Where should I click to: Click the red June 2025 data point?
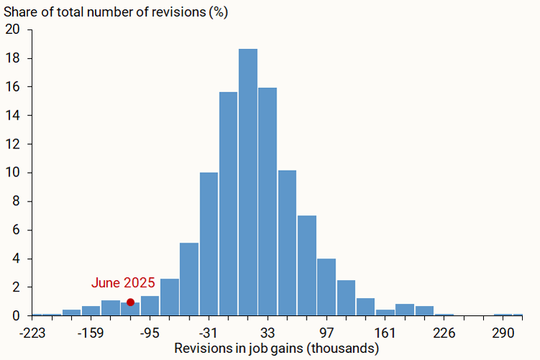(130, 302)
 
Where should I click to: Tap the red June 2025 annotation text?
(123, 283)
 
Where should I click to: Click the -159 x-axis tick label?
(91, 333)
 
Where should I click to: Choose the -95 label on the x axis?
(150, 333)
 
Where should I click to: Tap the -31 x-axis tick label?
(209, 333)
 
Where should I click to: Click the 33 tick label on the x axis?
(268, 333)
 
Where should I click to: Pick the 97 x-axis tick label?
(327, 333)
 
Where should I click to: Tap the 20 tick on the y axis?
(14, 30)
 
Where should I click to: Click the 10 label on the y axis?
(14, 173)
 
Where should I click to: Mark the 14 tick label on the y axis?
(14, 115)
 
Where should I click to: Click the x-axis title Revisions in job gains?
(277, 349)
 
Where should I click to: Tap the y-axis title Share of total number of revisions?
(115, 12)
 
